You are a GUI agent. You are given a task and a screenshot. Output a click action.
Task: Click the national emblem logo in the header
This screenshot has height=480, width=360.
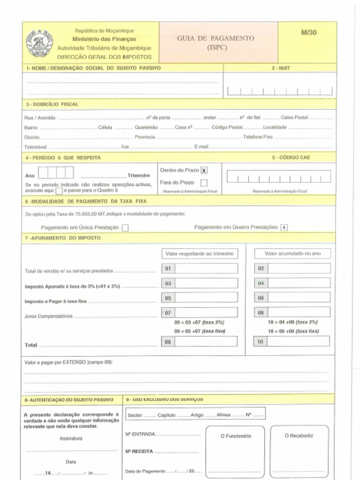tap(39, 43)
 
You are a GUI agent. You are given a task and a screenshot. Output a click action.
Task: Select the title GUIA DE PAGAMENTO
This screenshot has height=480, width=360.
tap(216, 38)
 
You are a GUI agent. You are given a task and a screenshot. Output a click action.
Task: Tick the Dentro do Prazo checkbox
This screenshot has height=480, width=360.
tap(204, 171)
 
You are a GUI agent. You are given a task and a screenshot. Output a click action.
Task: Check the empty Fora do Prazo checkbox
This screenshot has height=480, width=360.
tap(204, 183)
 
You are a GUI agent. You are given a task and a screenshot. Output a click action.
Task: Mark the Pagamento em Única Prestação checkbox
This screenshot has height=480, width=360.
tap(125, 228)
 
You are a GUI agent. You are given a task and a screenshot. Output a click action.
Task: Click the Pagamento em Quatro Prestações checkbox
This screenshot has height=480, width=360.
tap(284, 227)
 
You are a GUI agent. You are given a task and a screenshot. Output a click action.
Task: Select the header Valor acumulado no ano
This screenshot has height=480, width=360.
tap(292, 254)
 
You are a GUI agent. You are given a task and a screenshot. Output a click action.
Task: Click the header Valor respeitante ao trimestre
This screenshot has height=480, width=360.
tap(199, 254)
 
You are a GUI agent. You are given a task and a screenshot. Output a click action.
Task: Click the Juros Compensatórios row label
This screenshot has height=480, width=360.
tap(48, 316)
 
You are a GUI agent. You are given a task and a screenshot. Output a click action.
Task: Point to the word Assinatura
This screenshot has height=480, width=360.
tap(71, 438)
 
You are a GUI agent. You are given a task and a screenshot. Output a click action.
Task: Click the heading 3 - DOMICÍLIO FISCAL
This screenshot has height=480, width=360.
tap(52, 104)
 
